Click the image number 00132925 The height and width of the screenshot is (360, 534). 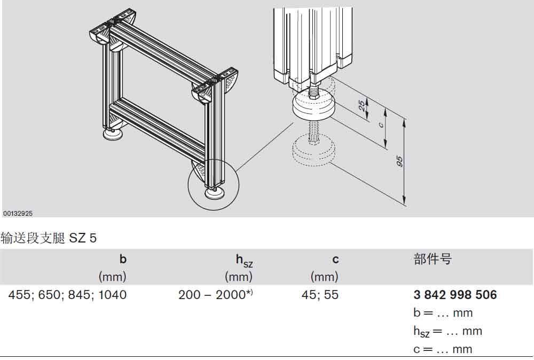tap(18, 214)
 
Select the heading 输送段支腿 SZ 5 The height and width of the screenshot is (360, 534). tap(49, 238)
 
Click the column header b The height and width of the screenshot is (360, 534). tap(123, 260)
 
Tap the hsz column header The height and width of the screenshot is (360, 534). tap(244, 261)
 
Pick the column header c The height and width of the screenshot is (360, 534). tap(335, 260)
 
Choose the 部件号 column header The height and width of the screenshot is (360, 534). tap(433, 259)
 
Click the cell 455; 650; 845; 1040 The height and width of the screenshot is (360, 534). tap(67, 295)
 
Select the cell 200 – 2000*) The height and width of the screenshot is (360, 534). tap(216, 294)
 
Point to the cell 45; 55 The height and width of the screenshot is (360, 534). tap(320, 295)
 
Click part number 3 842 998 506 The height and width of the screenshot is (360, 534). tap(456, 295)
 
